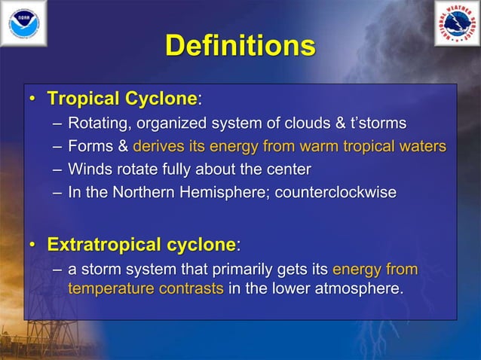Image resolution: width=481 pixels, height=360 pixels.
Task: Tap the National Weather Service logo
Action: [x=457, y=23]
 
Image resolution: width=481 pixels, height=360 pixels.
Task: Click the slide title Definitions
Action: [x=240, y=47]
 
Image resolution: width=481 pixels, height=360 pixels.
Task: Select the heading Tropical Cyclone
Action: [x=121, y=99]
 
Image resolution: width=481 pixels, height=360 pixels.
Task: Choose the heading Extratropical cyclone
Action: [x=141, y=245]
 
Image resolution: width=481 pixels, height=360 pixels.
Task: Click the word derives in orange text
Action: [x=158, y=146]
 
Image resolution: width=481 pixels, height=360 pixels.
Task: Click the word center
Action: [x=286, y=169]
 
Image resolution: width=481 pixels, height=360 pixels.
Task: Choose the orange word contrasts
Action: [x=191, y=288]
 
